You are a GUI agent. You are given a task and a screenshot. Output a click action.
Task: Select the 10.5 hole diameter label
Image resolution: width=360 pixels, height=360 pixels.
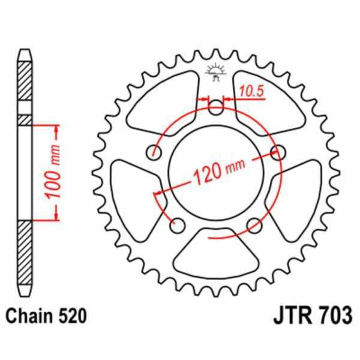point(251,91)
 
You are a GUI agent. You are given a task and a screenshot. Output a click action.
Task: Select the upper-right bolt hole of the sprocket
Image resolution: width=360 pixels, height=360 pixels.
point(277,152)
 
